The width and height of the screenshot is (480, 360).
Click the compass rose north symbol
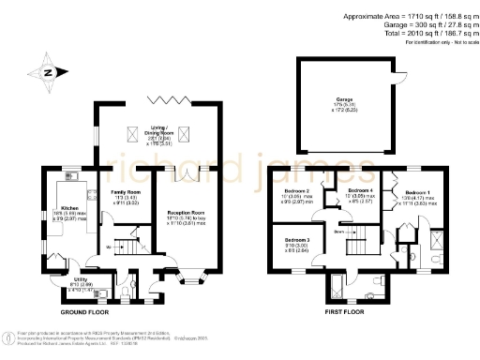coord(48,71)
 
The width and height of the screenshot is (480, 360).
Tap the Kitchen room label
coord(69,209)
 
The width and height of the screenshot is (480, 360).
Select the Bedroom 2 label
coord(297,192)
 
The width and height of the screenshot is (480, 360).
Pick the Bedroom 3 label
coord(298,242)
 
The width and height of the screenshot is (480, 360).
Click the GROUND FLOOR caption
coord(89,310)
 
